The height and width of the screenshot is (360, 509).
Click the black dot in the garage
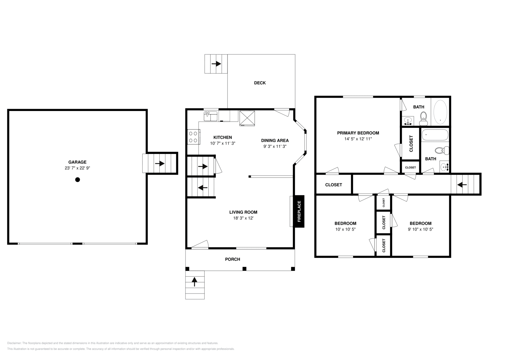(77, 180)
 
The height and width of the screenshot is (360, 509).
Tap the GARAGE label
(77, 162)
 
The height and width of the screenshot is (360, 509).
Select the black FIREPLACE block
(299, 211)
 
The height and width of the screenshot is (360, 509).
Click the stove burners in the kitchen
(193, 137)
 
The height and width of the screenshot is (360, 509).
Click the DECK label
(260, 83)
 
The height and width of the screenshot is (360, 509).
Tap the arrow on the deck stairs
(216, 64)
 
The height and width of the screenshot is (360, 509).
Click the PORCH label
(233, 260)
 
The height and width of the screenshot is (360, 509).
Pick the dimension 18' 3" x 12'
(243, 218)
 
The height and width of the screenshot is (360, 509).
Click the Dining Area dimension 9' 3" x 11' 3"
(275, 147)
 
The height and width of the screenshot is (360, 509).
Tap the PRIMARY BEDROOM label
(358, 133)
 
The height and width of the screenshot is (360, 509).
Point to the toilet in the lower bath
(441, 150)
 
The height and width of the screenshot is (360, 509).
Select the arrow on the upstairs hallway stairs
(462, 184)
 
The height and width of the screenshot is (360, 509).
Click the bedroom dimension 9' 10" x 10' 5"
(420, 229)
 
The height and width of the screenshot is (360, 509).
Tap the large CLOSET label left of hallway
(333, 185)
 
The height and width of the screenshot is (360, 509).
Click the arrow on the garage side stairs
(160, 163)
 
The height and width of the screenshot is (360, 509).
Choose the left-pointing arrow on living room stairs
(202, 188)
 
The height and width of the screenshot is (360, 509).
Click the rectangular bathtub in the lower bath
(435, 135)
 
